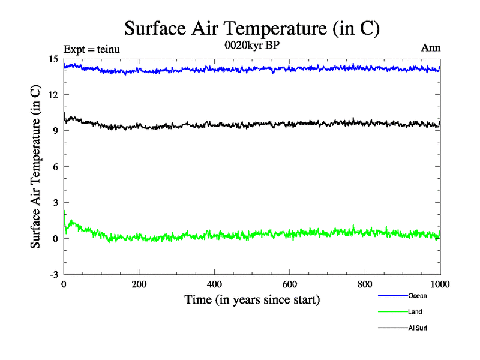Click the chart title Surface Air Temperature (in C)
252,28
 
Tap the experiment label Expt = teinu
91,50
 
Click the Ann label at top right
431,49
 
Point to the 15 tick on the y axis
53,59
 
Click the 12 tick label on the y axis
53,95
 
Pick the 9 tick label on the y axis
55,131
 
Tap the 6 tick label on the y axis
55,167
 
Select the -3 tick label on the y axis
53,274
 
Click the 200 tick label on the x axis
139,284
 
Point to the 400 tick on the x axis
214,284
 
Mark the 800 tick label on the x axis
365,284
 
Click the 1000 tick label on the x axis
440,284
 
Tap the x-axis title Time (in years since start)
251,299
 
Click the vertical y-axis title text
35,167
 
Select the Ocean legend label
418,296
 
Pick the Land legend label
416,312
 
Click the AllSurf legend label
418,328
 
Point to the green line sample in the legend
392,312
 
